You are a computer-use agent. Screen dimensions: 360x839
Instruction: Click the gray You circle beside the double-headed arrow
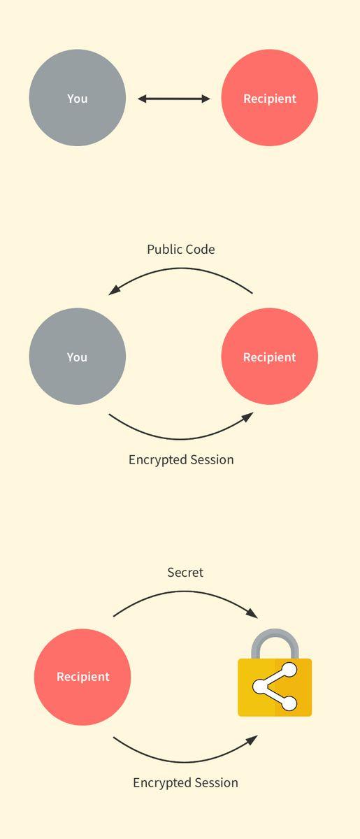77,98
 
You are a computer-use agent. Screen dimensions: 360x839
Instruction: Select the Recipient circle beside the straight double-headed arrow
270,98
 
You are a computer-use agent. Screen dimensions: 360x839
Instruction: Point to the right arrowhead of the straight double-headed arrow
206,99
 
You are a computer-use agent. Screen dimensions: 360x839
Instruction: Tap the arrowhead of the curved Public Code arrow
114,290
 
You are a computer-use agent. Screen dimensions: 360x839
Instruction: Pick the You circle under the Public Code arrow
77,356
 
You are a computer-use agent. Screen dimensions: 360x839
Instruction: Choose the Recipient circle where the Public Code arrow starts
270,356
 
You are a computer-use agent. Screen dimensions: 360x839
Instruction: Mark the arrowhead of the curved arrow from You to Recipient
247,417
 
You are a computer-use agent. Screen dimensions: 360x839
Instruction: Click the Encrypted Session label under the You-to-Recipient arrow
181,460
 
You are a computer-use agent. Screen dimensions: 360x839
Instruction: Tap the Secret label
185,573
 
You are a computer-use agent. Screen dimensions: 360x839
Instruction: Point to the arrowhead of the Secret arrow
252,613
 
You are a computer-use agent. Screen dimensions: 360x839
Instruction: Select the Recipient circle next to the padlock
82,677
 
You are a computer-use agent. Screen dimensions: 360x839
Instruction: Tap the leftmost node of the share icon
260,686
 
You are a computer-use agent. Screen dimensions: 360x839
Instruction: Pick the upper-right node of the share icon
289,670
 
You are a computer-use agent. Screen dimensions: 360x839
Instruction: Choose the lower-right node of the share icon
289,703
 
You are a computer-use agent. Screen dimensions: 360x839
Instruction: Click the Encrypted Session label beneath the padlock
186,783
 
